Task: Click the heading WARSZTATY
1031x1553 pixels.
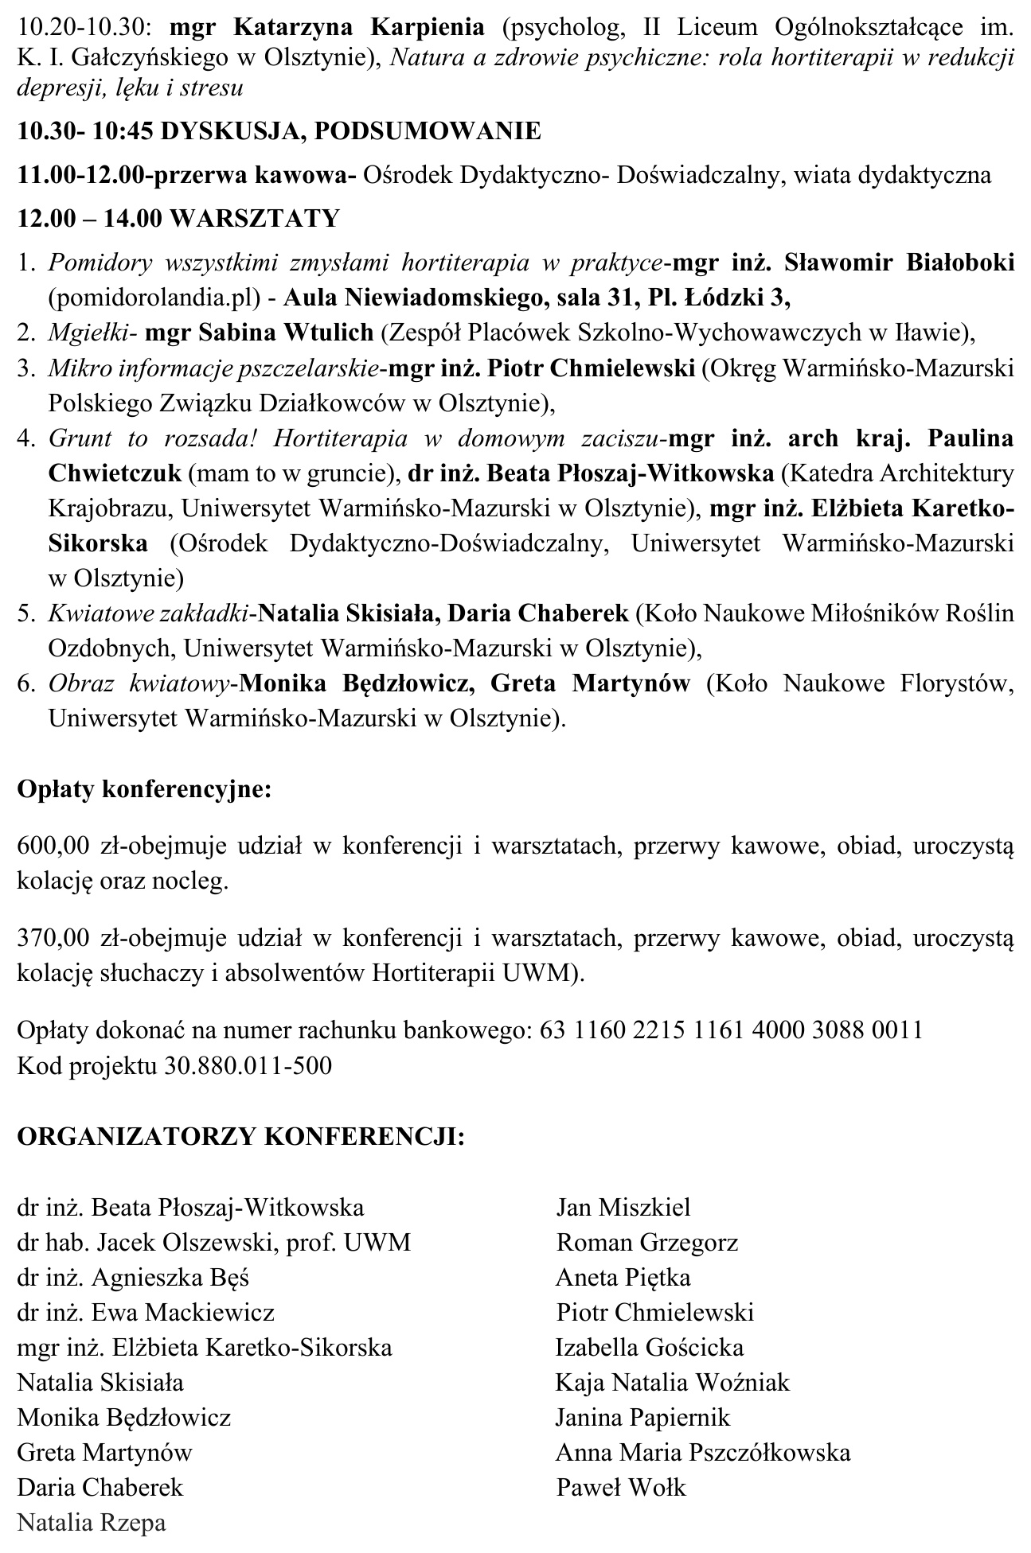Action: pyautogui.click(x=255, y=218)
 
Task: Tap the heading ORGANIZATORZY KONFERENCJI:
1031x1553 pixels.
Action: pyautogui.click(x=240, y=1135)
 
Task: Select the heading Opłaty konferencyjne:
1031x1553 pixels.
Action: pyautogui.click(x=145, y=790)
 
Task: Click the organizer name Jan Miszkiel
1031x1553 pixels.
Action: pyautogui.click(x=623, y=1207)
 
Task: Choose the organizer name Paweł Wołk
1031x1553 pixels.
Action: pyautogui.click(x=621, y=1487)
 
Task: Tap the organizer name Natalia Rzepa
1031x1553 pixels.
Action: pyautogui.click(x=92, y=1524)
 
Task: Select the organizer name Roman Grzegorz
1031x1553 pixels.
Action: pyautogui.click(x=647, y=1242)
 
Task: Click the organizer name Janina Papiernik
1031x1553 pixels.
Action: pyautogui.click(x=642, y=1417)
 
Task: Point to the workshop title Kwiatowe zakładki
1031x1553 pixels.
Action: pyautogui.click(x=150, y=613)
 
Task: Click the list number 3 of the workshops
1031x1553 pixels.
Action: pyautogui.click(x=27, y=368)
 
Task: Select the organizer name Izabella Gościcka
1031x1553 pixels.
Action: pyautogui.click(x=650, y=1347)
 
